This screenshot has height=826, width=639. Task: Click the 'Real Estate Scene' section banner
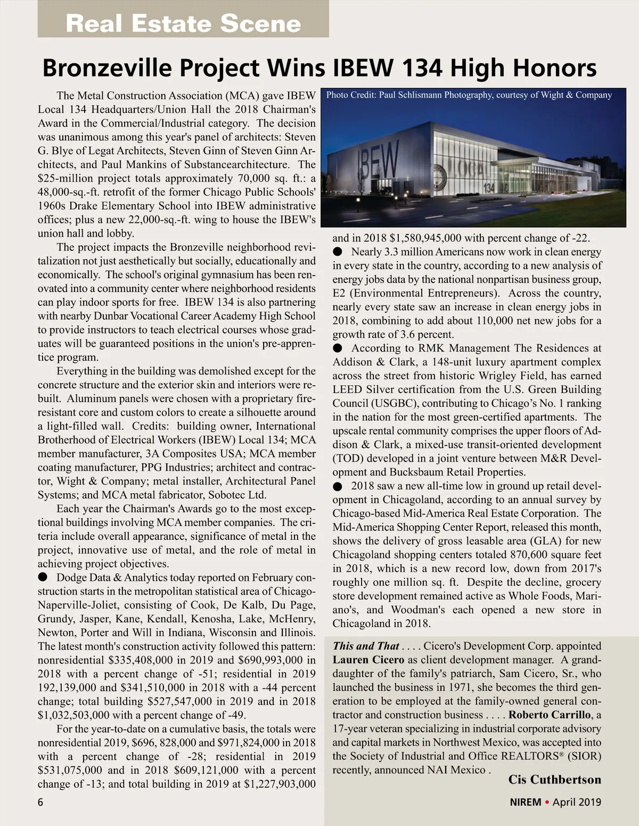point(183,23)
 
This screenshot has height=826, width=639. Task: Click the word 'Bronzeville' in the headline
point(106,68)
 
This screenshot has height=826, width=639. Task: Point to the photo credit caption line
point(469,95)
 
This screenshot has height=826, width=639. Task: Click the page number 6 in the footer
point(40,802)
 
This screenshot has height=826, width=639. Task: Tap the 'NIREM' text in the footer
point(525,802)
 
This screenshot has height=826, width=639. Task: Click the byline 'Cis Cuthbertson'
point(554,780)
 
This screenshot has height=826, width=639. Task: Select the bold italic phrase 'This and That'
point(366,646)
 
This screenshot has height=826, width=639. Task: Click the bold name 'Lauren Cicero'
point(368,660)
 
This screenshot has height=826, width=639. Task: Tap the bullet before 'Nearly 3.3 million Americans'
point(337,252)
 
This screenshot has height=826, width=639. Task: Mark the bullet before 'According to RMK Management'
point(337,348)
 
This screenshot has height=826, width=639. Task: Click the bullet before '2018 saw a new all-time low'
point(337,486)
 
